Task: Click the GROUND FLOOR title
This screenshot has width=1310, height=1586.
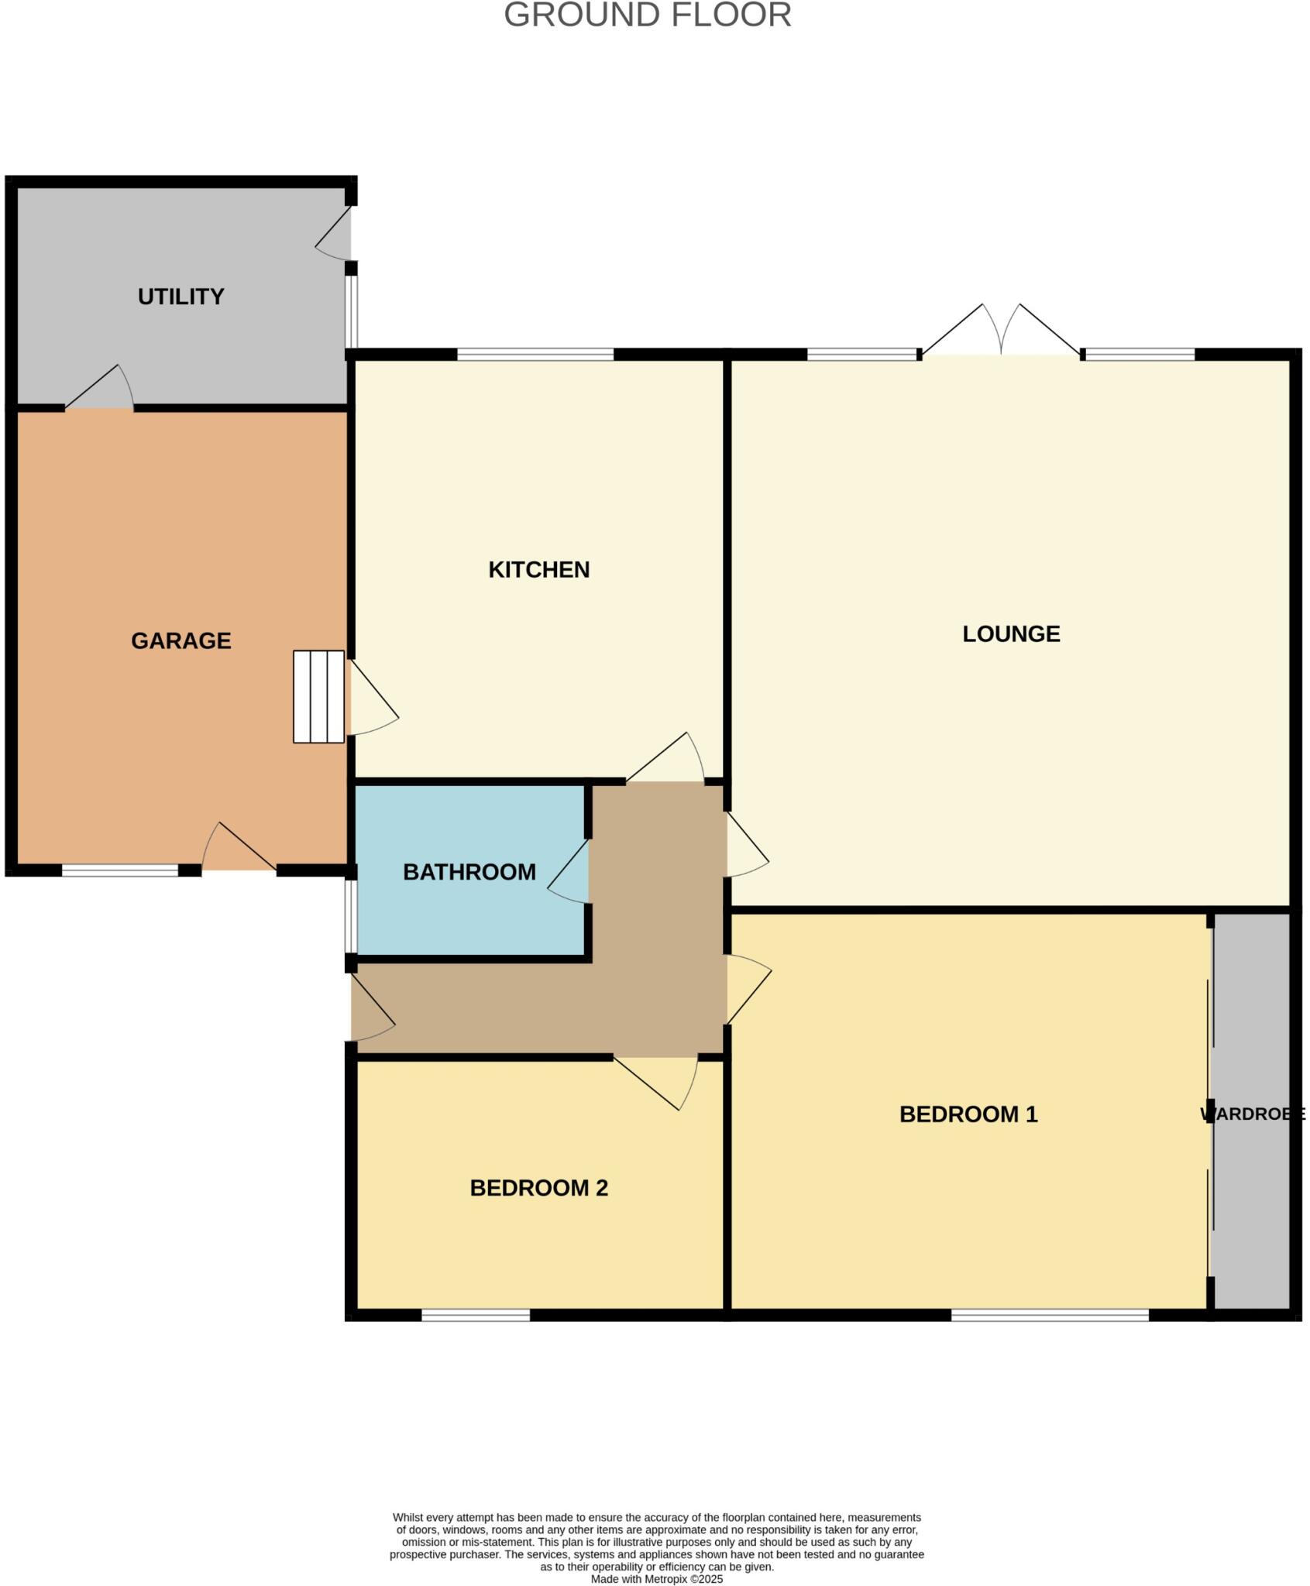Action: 647,15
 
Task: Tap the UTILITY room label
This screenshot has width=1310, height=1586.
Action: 181,297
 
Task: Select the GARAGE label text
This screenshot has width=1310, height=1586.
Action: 181,640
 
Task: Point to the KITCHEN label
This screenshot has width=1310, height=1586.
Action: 538,569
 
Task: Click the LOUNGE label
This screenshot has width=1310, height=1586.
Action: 1011,633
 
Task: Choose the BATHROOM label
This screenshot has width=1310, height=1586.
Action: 469,872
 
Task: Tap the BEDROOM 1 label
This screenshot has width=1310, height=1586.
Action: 968,1114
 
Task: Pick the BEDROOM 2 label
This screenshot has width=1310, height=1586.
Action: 538,1187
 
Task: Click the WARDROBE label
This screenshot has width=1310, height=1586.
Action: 1252,1114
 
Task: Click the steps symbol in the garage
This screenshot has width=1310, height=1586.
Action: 318,696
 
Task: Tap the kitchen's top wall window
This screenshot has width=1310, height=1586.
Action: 535,355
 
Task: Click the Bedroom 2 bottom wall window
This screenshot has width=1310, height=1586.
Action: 476,1315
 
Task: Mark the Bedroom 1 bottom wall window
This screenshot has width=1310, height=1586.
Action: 1050,1315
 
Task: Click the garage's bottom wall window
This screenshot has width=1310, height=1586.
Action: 120,870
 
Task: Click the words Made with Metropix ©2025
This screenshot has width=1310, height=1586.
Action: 656,1579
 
